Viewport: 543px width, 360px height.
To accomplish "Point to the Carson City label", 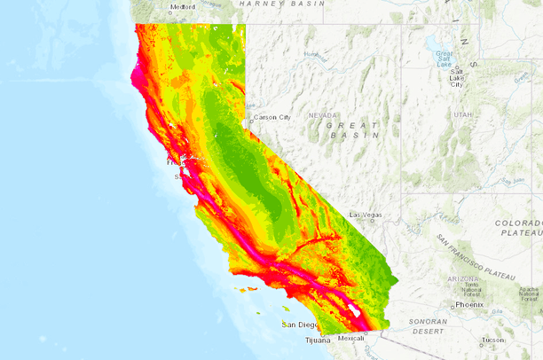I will (271, 117).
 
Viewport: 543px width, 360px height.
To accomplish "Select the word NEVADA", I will (323, 114).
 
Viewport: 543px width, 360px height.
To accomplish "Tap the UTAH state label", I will (462, 114).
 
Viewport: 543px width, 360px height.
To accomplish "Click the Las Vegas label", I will (366, 215).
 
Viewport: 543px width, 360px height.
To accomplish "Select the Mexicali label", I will (351, 338).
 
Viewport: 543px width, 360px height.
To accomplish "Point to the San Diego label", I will (299, 325).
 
